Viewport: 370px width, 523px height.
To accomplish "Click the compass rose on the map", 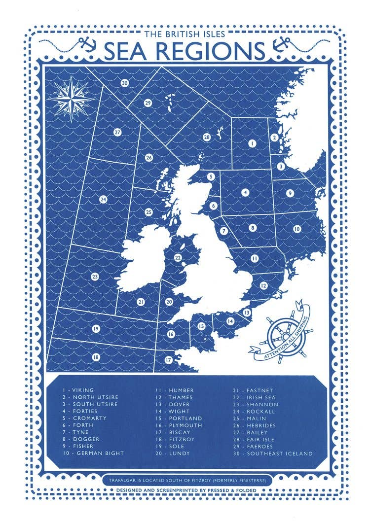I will (x=71, y=98).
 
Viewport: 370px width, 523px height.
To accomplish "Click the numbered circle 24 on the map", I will (x=103, y=200).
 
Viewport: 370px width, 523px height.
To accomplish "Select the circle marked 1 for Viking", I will (x=252, y=143).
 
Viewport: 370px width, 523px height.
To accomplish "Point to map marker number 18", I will (x=96, y=356).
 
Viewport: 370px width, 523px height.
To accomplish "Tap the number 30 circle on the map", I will (x=125, y=83).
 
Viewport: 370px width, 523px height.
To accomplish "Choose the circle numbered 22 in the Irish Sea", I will (x=178, y=257).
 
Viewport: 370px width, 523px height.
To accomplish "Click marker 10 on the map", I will (x=296, y=229).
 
